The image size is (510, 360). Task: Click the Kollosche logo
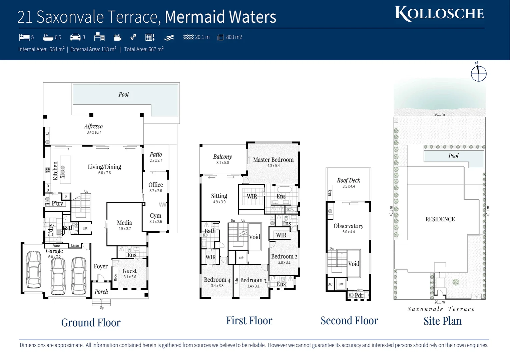point(439,14)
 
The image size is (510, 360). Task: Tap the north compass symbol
point(478,73)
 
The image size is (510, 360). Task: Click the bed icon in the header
point(24,37)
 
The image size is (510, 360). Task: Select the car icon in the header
point(75,37)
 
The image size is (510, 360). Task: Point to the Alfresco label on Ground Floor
point(93,127)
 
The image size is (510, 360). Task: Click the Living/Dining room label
point(104,167)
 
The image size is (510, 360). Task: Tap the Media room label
point(124,223)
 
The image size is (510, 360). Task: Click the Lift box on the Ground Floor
point(85,228)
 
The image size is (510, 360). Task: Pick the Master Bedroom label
point(273,160)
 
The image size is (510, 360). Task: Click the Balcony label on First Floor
point(222,157)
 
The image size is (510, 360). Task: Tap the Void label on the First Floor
point(254,237)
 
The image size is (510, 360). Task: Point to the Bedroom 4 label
point(217,280)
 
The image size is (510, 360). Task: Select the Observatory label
point(349,226)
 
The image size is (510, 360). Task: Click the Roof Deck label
point(349,180)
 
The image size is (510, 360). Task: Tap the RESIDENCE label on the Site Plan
point(440,219)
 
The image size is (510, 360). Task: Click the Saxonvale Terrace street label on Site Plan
point(441,309)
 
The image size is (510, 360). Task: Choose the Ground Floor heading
point(91,323)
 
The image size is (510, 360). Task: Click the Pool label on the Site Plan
point(453,156)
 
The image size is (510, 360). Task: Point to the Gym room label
point(155,216)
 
